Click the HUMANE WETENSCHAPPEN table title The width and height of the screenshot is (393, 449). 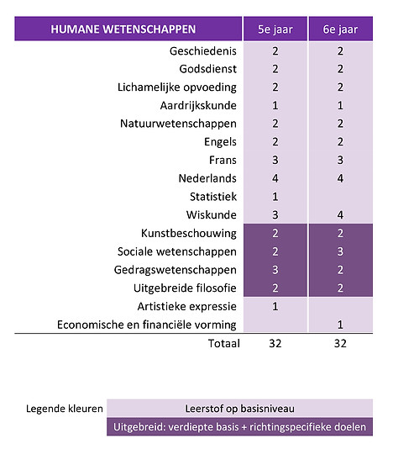(123, 29)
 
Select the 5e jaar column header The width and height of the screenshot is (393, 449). (275, 29)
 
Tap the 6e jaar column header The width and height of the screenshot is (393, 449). (340, 29)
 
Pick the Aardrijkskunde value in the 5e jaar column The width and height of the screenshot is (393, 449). (275, 106)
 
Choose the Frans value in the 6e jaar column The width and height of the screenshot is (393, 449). (340, 160)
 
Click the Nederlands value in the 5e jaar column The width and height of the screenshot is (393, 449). (275, 178)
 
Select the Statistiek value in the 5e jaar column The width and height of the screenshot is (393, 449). (275, 196)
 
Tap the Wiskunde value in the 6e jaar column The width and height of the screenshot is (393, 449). (340, 214)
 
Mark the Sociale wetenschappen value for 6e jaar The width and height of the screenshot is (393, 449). (340, 251)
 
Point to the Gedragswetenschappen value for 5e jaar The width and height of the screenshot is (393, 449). (275, 269)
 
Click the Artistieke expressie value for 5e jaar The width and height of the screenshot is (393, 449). (275, 306)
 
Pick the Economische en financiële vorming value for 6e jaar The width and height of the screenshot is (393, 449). (340, 325)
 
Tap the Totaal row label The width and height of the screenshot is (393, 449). (223, 343)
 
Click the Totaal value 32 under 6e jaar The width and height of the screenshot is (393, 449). (340, 343)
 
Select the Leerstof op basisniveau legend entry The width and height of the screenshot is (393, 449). (240, 409)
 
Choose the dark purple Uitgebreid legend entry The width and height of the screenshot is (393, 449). (240, 427)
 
